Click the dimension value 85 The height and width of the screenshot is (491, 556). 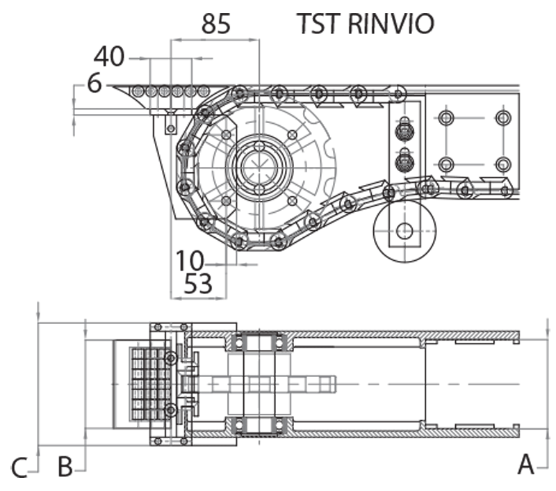(x=215, y=24)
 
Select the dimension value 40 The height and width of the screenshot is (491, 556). (x=109, y=56)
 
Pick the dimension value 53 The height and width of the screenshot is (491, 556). (x=197, y=284)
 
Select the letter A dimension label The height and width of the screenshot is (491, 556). (x=525, y=463)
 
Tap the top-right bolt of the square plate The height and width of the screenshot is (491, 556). (x=502, y=117)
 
